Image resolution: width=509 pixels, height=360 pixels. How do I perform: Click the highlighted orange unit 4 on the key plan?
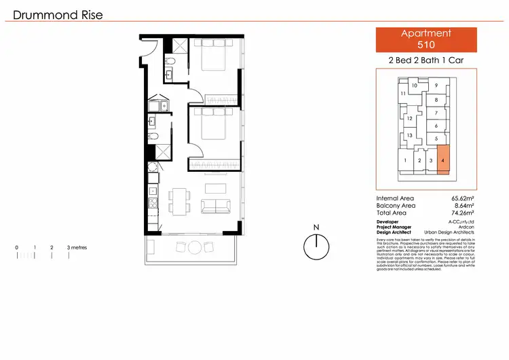(443, 160)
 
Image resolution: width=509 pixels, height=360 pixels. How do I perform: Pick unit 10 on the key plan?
(414, 86)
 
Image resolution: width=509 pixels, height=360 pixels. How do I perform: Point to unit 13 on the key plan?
(410, 136)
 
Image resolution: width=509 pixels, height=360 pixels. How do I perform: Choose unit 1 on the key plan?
(405, 161)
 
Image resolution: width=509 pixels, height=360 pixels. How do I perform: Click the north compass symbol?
(315, 246)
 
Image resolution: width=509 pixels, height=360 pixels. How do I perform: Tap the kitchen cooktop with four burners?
(154, 198)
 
